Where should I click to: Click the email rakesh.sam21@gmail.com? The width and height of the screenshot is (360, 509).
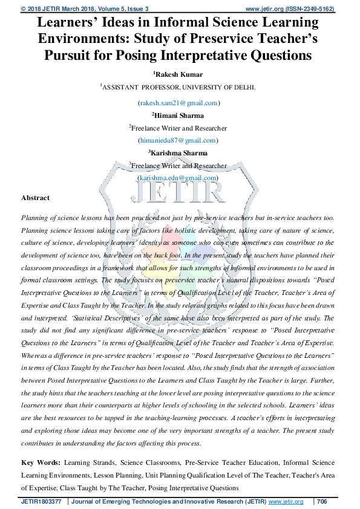point(180,103)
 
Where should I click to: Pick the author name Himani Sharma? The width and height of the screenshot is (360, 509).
point(179,115)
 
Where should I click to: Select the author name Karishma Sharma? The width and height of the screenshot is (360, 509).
point(179,153)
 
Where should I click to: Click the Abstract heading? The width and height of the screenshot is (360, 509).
point(35,198)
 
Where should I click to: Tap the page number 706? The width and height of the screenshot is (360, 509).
point(322,502)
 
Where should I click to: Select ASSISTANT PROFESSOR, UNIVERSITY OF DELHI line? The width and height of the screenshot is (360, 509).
point(179,87)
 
